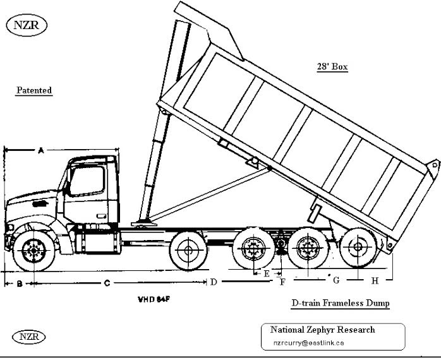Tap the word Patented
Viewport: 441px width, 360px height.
tap(33, 90)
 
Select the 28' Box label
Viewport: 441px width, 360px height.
tap(332, 66)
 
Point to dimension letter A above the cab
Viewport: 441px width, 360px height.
tap(40, 150)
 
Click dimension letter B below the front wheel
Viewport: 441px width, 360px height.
tap(20, 284)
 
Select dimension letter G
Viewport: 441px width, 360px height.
tap(336, 279)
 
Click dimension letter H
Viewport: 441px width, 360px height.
tap(375, 280)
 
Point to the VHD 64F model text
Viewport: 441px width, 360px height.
tap(154, 297)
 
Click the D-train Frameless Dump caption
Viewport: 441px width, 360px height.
tap(341, 303)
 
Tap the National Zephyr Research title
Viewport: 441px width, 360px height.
tap(322, 330)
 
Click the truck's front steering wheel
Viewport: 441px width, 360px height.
tap(32, 250)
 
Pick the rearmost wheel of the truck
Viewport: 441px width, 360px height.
tap(359, 249)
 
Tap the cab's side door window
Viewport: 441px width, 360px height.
tap(87, 180)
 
